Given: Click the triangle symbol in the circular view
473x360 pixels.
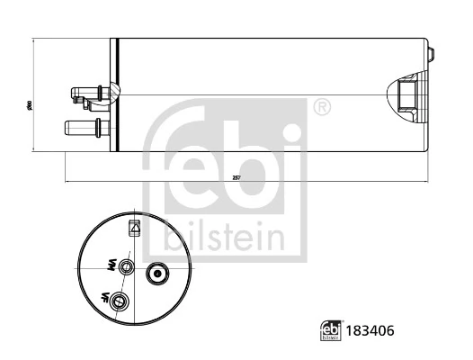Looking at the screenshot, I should point(135,229).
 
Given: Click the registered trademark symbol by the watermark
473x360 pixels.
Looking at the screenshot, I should point(321,108).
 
